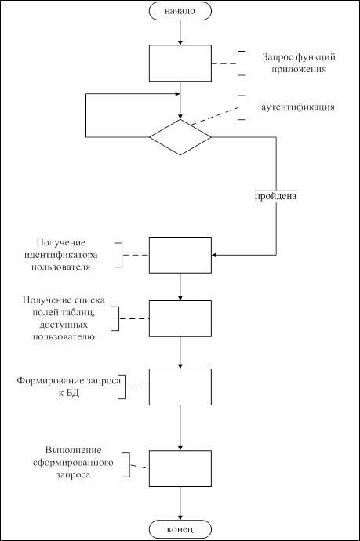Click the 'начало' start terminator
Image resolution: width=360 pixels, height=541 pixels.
(x=180, y=11)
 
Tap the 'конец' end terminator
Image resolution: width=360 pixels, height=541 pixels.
(x=180, y=529)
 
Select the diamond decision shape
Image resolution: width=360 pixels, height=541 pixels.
(x=180, y=137)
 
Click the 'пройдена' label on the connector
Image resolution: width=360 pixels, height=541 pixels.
(x=276, y=196)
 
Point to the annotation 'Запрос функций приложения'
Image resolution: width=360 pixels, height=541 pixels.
(x=299, y=63)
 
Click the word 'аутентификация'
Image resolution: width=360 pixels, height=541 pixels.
(x=298, y=107)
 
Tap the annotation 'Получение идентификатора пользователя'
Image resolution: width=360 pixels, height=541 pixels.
(x=60, y=255)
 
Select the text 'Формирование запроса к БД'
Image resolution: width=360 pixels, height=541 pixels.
(x=69, y=387)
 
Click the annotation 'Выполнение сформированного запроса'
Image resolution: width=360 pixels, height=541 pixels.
(x=73, y=463)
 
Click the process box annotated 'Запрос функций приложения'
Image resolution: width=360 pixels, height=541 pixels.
(x=180, y=64)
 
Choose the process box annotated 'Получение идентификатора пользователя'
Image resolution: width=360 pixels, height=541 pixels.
(x=180, y=255)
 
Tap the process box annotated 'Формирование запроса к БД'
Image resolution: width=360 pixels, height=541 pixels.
(x=180, y=387)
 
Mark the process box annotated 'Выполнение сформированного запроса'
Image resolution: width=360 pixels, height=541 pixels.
(x=180, y=468)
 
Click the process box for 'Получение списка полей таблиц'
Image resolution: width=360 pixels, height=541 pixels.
(x=180, y=318)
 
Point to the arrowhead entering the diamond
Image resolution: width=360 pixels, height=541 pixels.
(x=180, y=117)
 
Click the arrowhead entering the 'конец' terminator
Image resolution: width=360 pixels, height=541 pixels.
(x=180, y=518)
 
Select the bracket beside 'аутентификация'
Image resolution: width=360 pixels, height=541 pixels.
(x=238, y=107)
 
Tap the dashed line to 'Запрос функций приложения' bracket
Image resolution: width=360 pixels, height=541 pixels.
(x=224, y=64)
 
